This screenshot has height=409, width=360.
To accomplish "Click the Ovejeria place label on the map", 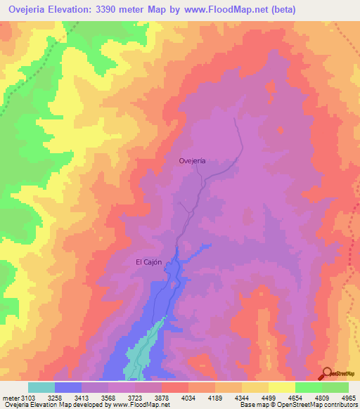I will coord(192,161).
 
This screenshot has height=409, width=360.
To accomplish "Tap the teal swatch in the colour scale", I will coord(41,387).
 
